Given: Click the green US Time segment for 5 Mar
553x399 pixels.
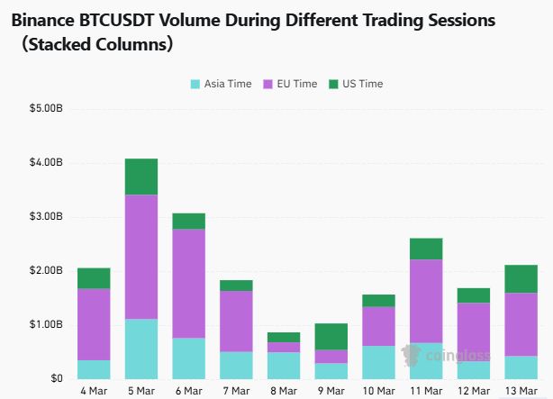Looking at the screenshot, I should pos(141,177).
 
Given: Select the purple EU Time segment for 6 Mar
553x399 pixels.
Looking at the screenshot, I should pos(189,283).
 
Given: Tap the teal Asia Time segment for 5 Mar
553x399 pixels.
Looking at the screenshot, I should pos(141,349).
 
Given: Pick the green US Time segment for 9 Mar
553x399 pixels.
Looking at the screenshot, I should pos(331,336).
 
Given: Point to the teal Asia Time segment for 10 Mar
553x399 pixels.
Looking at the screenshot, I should pos(378,362).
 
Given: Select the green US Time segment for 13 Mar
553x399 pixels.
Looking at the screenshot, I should pos(521,278).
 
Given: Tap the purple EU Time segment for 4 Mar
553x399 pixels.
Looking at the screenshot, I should pos(94,324).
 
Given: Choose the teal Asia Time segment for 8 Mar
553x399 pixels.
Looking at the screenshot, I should pos(284,365).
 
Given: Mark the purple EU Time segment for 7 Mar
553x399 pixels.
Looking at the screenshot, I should pos(236,321).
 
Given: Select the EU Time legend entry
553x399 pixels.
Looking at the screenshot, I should pos(289,84).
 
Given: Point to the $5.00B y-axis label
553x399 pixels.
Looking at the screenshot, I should pos(44,109).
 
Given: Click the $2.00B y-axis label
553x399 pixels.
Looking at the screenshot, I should pos(44,270).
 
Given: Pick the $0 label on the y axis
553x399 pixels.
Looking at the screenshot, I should pos(56,378).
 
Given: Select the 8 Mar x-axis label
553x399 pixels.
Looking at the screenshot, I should pos(284,391).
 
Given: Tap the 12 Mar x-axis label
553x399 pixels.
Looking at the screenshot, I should pos(474,391).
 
